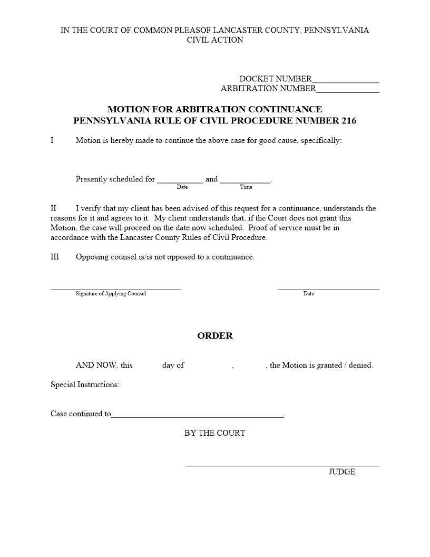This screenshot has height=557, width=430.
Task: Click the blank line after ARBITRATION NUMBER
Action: click(348, 91)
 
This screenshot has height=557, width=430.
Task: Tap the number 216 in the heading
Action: click(348, 121)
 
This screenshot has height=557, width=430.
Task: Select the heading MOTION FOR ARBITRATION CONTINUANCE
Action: click(214, 109)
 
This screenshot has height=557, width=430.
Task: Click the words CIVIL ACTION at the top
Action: click(215, 40)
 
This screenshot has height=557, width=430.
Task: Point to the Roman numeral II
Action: click(53, 208)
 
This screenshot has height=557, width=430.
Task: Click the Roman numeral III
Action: click(55, 257)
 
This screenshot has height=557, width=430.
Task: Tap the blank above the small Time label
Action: click(245, 181)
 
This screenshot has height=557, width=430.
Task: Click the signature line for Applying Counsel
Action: click(115, 289)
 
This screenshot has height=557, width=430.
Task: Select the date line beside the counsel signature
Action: click(328, 289)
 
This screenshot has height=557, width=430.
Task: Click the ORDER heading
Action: click(215, 336)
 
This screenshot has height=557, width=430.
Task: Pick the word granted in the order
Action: click(329, 365)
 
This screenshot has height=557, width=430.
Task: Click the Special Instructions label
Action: click(85, 385)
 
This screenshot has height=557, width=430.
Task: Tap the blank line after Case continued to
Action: click(198, 416)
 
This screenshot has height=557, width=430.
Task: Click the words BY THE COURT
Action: click(214, 433)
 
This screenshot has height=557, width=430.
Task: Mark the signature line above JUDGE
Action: click(282, 465)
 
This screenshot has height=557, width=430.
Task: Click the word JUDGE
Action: click(342, 472)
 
